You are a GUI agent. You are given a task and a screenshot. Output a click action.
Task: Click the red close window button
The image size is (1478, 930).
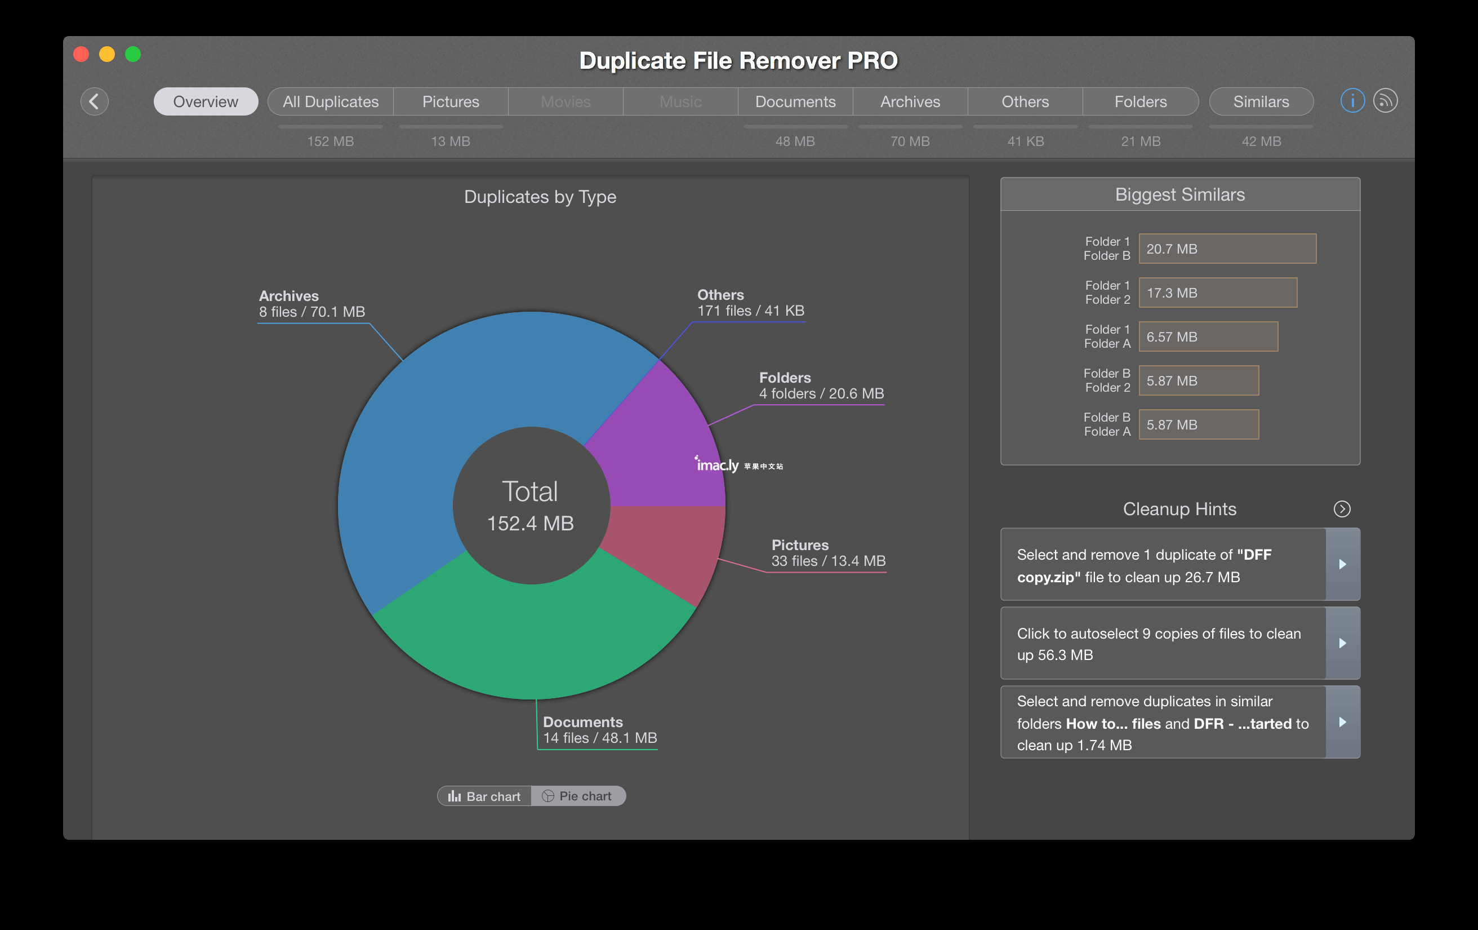81,55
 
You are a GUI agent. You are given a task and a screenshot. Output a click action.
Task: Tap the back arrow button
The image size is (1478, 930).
95,101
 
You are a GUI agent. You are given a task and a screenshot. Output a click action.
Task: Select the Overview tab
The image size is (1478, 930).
206,101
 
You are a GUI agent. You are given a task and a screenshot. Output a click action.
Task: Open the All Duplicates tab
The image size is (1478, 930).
331,101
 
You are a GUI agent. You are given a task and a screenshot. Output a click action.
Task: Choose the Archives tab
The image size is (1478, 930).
910,101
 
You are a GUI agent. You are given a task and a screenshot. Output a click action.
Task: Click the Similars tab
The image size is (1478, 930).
1261,101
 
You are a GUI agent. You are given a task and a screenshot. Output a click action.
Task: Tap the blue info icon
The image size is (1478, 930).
1352,101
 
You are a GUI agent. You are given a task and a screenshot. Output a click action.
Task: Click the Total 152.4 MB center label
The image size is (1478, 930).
531,506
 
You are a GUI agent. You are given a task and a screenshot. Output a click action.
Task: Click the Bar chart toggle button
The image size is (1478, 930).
484,796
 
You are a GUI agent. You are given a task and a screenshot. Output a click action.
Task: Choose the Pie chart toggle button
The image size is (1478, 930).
578,796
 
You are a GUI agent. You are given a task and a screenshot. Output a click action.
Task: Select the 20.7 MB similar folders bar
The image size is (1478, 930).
1227,249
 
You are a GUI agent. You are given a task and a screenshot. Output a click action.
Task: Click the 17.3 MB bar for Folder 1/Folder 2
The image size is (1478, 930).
1218,293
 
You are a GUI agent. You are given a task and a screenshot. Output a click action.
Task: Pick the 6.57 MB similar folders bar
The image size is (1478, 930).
1209,336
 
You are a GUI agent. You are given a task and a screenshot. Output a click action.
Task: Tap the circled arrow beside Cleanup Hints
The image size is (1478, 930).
1342,509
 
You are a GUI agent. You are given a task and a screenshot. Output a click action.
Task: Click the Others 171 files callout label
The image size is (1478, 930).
751,303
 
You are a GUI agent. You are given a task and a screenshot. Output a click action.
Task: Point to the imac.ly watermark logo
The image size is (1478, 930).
738,464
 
